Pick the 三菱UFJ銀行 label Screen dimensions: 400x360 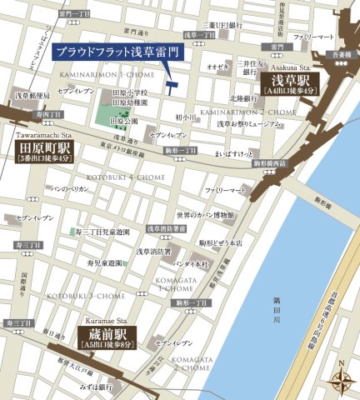[224, 26]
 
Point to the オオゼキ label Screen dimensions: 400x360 [217, 66]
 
